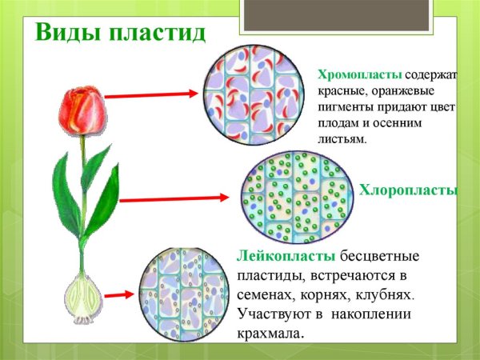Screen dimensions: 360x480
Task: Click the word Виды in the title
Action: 63,34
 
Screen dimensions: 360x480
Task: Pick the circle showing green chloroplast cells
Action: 294,197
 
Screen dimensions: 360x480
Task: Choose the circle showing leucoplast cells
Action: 183,296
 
